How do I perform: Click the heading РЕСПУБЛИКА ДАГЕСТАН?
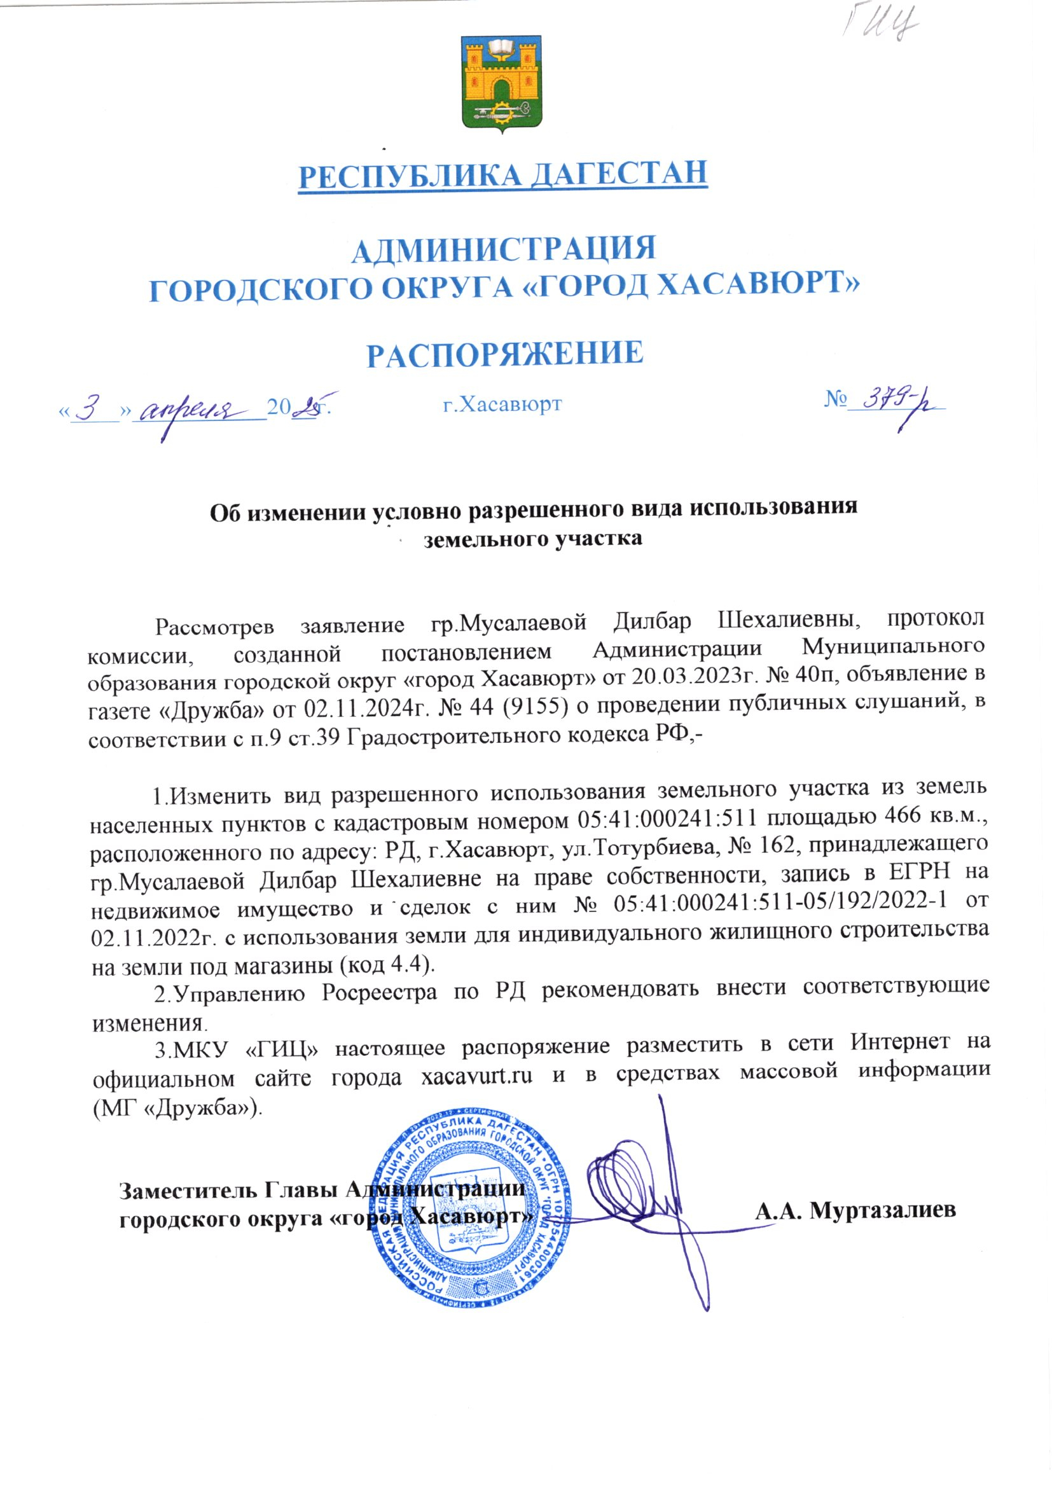coord(502,174)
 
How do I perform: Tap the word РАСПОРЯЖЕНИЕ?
coord(504,354)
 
